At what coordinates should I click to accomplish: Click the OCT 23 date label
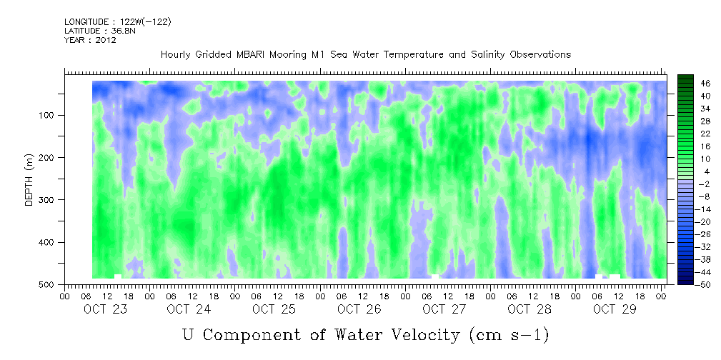(104, 309)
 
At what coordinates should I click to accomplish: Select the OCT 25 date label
(274, 309)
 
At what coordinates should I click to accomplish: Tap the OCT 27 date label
(444, 309)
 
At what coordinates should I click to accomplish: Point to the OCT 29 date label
(614, 309)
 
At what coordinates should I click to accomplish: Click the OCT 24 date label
(189, 309)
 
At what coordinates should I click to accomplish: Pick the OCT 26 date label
(359, 309)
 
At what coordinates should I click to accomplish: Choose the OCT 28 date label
(529, 309)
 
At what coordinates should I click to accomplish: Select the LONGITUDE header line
(117, 22)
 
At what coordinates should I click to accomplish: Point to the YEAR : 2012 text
(90, 40)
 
